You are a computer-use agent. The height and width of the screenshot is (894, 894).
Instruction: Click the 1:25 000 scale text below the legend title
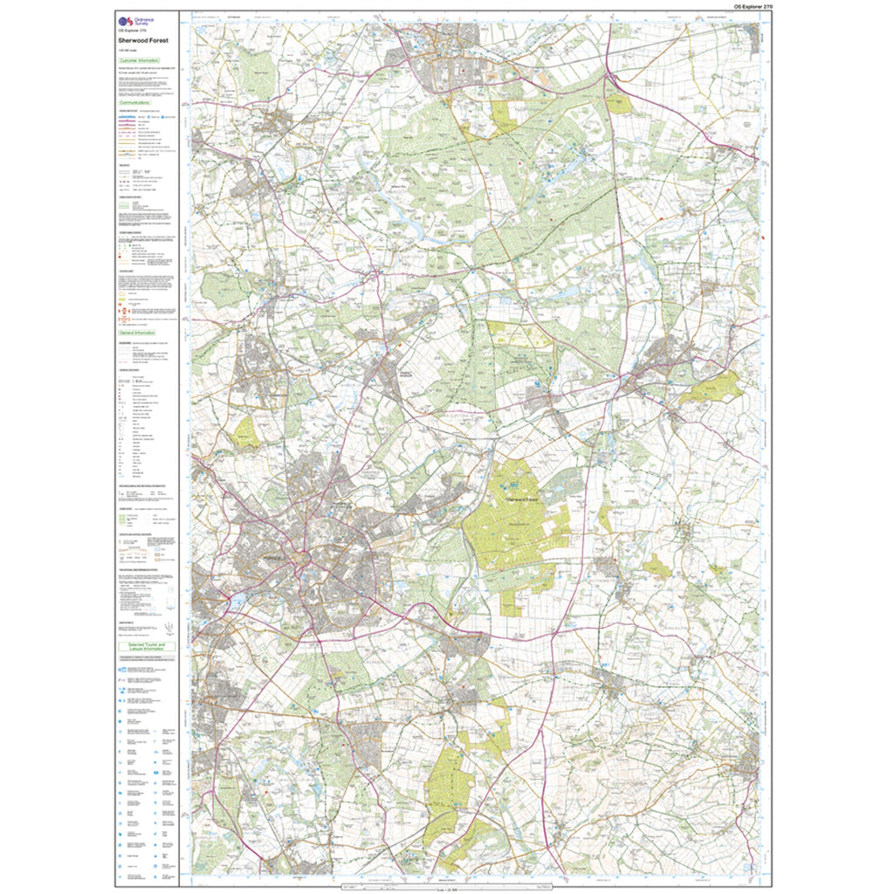[127, 50]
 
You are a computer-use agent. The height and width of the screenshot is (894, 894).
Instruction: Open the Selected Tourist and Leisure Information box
[147, 647]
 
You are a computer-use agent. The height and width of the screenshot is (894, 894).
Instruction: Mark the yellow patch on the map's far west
[245, 434]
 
